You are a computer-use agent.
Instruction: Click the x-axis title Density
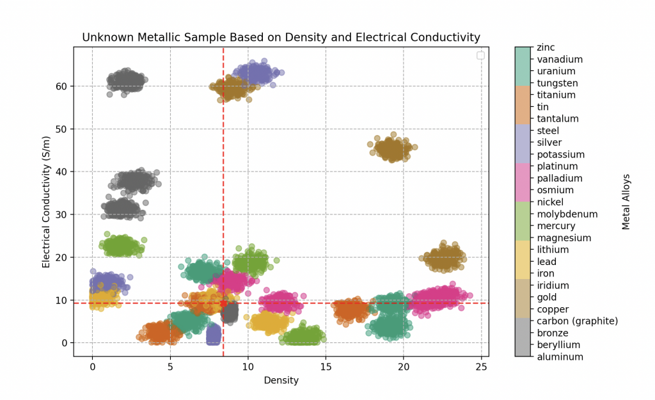pyautogui.click(x=281, y=380)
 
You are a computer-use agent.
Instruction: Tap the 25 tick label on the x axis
pyautogui.click(x=482, y=367)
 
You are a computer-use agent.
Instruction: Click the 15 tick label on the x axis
pyautogui.click(x=326, y=367)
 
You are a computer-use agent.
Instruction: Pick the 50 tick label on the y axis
pyautogui.click(x=61, y=129)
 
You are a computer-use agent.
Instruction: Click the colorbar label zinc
pyautogui.click(x=546, y=47)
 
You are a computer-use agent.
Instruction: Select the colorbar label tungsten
pyautogui.click(x=557, y=83)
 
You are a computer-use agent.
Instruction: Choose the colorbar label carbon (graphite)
pyautogui.click(x=578, y=321)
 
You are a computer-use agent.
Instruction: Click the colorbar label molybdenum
pyautogui.click(x=567, y=214)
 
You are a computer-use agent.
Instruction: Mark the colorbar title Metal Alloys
pyautogui.click(x=626, y=202)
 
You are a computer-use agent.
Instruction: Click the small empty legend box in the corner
pyautogui.click(x=480, y=56)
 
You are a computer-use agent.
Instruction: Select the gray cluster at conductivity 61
pyautogui.click(x=125, y=81)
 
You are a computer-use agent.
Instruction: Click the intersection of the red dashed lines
pyautogui.click(x=223, y=303)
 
